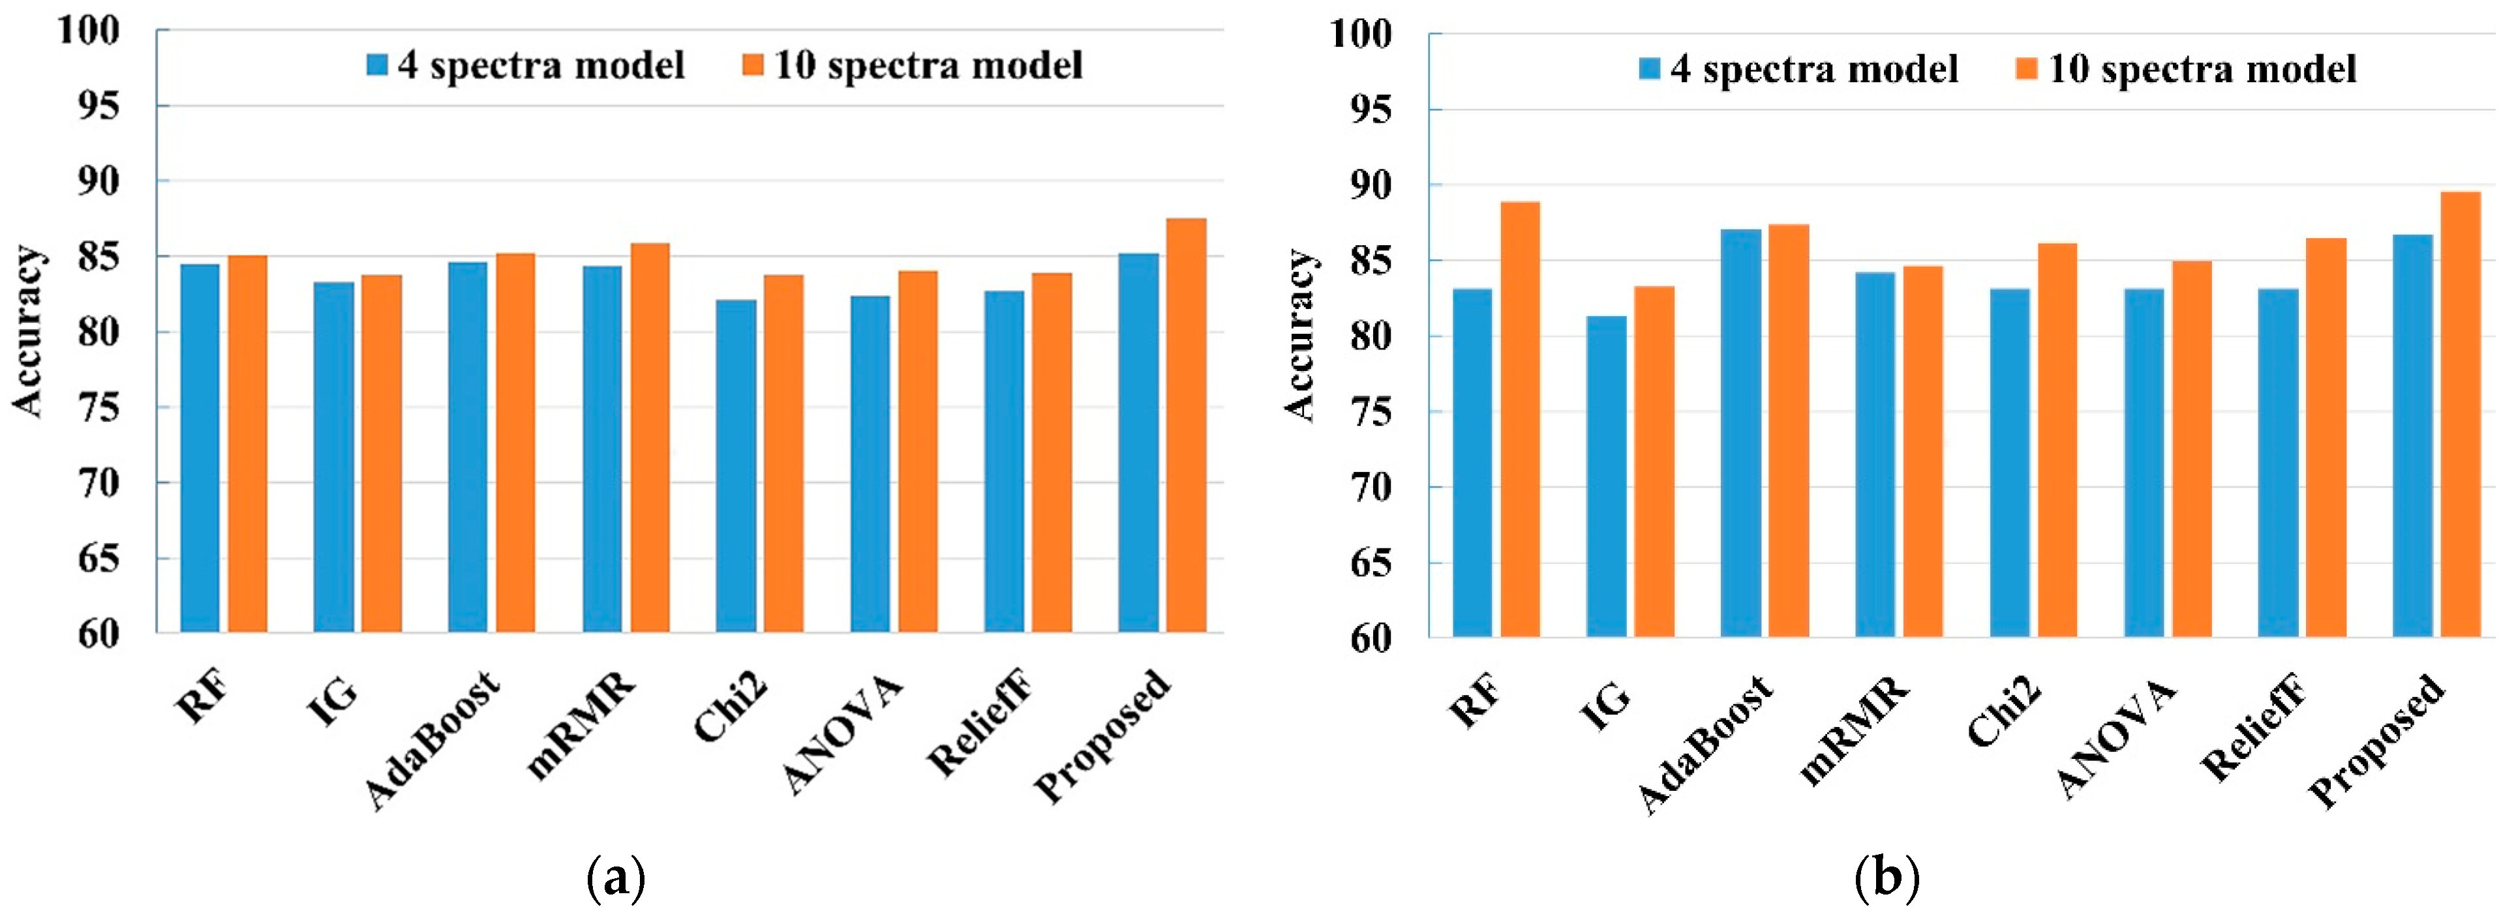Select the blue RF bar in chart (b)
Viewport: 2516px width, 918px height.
click(1472, 463)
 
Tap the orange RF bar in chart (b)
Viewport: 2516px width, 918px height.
click(1520, 420)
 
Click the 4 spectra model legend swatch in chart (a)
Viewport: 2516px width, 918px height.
click(377, 65)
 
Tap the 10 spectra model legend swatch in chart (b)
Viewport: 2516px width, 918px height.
click(2027, 69)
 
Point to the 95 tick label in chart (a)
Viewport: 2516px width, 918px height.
click(98, 106)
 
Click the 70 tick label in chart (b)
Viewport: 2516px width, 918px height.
click(1371, 487)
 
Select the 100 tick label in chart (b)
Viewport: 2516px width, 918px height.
click(1361, 34)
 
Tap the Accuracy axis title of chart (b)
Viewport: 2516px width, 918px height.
click(1300, 336)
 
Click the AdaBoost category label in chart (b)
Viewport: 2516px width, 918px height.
click(1705, 744)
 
